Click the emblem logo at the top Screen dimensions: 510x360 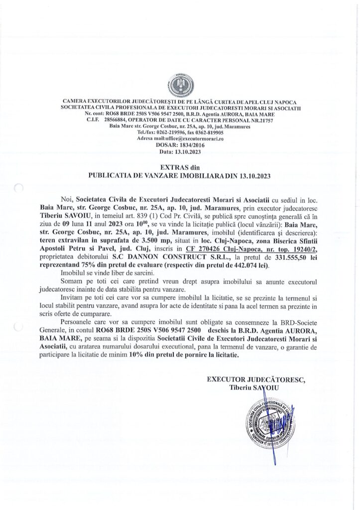point(180,82)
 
